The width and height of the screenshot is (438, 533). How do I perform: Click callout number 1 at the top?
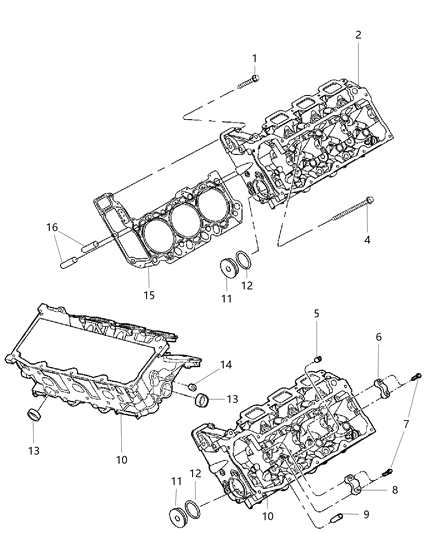pos(254,58)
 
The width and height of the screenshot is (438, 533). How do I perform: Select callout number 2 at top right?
pos(357,35)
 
